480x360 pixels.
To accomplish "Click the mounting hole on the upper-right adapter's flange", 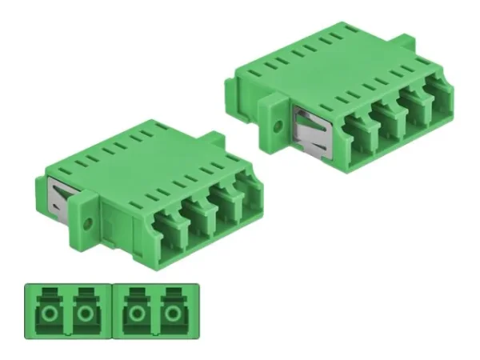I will coord(278,126).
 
